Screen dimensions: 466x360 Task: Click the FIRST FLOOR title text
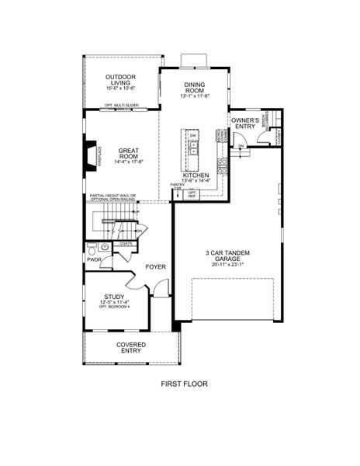tap(184, 383)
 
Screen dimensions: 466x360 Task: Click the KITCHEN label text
tap(196, 176)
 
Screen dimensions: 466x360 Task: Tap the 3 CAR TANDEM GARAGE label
tap(227, 256)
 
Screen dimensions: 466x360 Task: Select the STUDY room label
tap(116, 297)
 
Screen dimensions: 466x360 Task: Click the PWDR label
tap(94, 260)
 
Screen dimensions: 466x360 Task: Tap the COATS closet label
tap(126, 243)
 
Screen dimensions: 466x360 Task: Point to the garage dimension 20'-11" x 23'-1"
tap(227, 265)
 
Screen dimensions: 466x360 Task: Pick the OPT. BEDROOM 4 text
tap(116, 308)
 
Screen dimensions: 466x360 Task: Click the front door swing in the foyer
tap(159, 289)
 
